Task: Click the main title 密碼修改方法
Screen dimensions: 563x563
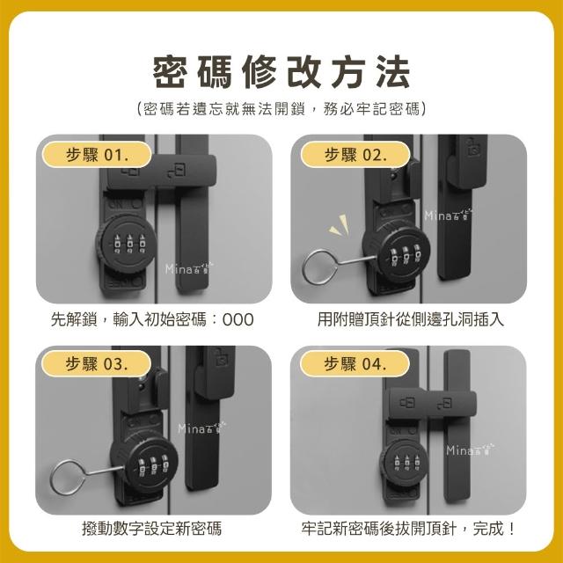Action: (x=281, y=72)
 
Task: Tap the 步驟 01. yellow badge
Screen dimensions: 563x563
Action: (x=97, y=155)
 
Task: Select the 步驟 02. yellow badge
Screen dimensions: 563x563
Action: (x=355, y=155)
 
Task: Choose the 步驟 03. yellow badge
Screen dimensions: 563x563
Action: (x=96, y=363)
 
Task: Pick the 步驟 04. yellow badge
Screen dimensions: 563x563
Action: (x=355, y=363)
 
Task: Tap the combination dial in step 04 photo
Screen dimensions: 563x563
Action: (x=405, y=463)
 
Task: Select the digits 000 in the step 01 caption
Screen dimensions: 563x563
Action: (x=238, y=319)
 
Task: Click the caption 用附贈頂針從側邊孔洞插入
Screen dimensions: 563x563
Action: (x=411, y=319)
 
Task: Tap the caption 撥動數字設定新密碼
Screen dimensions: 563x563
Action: (x=152, y=528)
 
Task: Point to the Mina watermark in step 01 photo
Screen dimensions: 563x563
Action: (x=189, y=267)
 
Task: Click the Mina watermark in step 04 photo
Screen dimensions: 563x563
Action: (x=470, y=450)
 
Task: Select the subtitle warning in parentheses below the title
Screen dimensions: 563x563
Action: (x=281, y=108)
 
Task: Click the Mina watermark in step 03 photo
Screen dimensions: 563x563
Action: (x=201, y=428)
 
